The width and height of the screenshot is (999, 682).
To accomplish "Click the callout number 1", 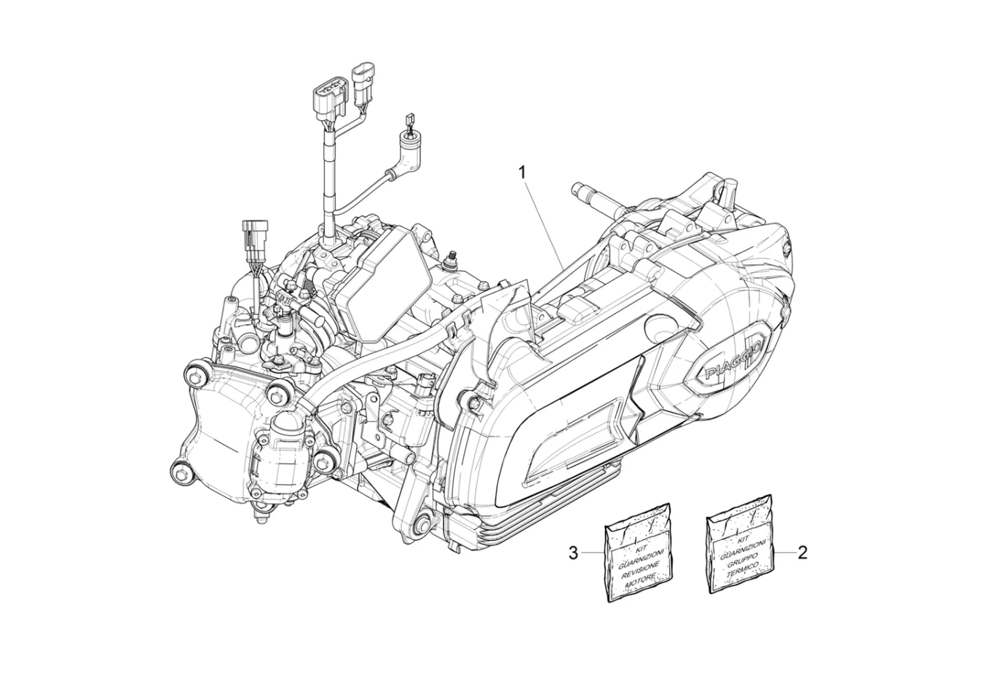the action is [522, 173].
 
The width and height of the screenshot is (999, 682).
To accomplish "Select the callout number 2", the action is [802, 553].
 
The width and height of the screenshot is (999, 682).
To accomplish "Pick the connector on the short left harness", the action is [254, 231].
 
